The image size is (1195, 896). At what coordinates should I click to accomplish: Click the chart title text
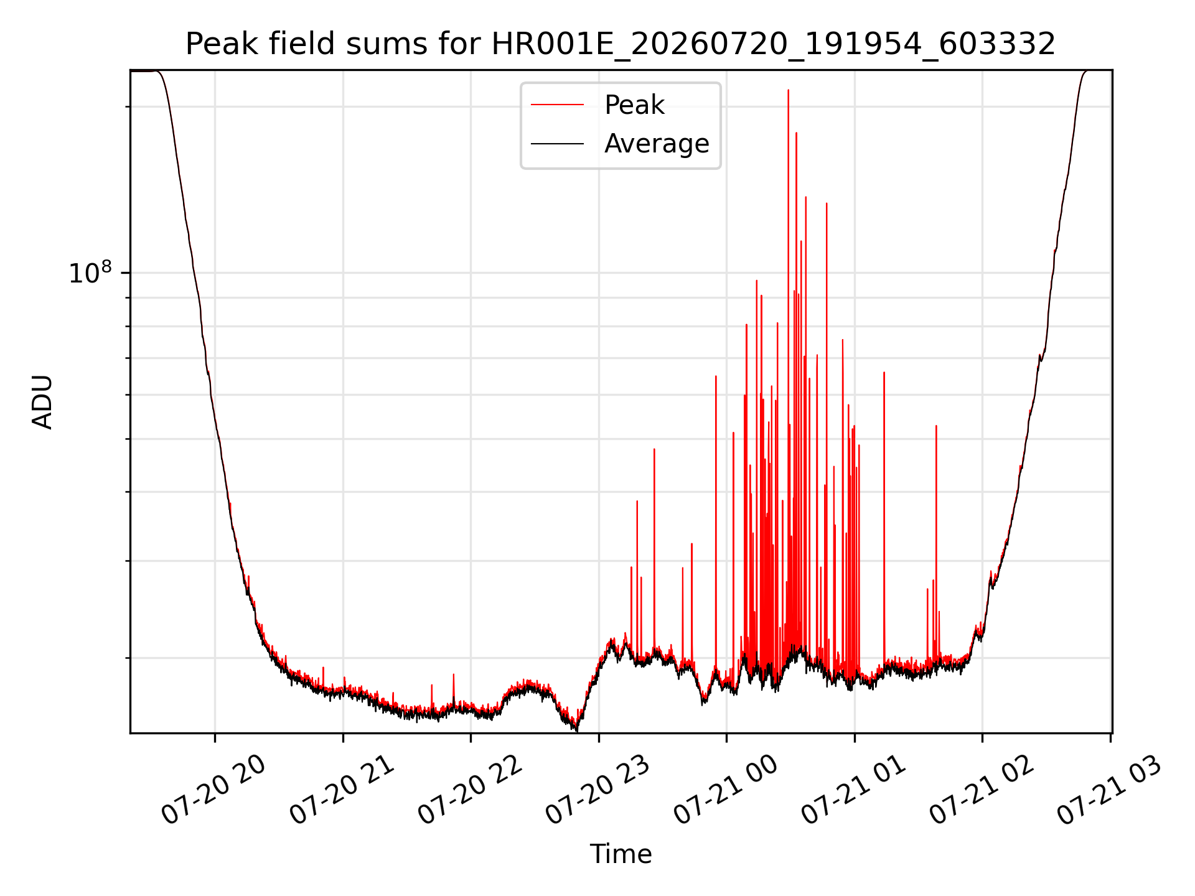[x=621, y=44]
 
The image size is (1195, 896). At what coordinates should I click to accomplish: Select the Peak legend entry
[x=597, y=105]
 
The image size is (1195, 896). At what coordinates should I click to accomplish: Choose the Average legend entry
[x=620, y=144]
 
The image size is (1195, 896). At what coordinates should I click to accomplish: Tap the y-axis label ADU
[x=42, y=401]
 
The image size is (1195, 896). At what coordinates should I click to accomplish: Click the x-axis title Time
[x=621, y=854]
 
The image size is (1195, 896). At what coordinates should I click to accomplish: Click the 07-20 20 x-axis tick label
[x=213, y=790]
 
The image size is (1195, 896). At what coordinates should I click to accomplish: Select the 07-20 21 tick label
[x=342, y=790]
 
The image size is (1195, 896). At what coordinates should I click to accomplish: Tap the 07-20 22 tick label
[x=470, y=790]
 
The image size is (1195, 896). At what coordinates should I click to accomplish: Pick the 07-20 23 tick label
[x=598, y=790]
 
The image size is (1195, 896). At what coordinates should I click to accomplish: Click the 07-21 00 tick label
[x=726, y=790]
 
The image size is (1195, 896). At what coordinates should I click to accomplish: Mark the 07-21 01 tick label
[x=853, y=790]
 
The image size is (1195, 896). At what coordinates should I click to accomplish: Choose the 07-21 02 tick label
[x=982, y=790]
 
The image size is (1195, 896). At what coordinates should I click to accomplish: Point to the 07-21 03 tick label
[x=1109, y=790]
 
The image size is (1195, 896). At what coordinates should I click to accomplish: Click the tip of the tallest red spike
[x=788, y=90]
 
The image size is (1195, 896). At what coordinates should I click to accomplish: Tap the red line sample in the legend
[x=557, y=105]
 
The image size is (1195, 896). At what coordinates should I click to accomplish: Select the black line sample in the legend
[x=557, y=144]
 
